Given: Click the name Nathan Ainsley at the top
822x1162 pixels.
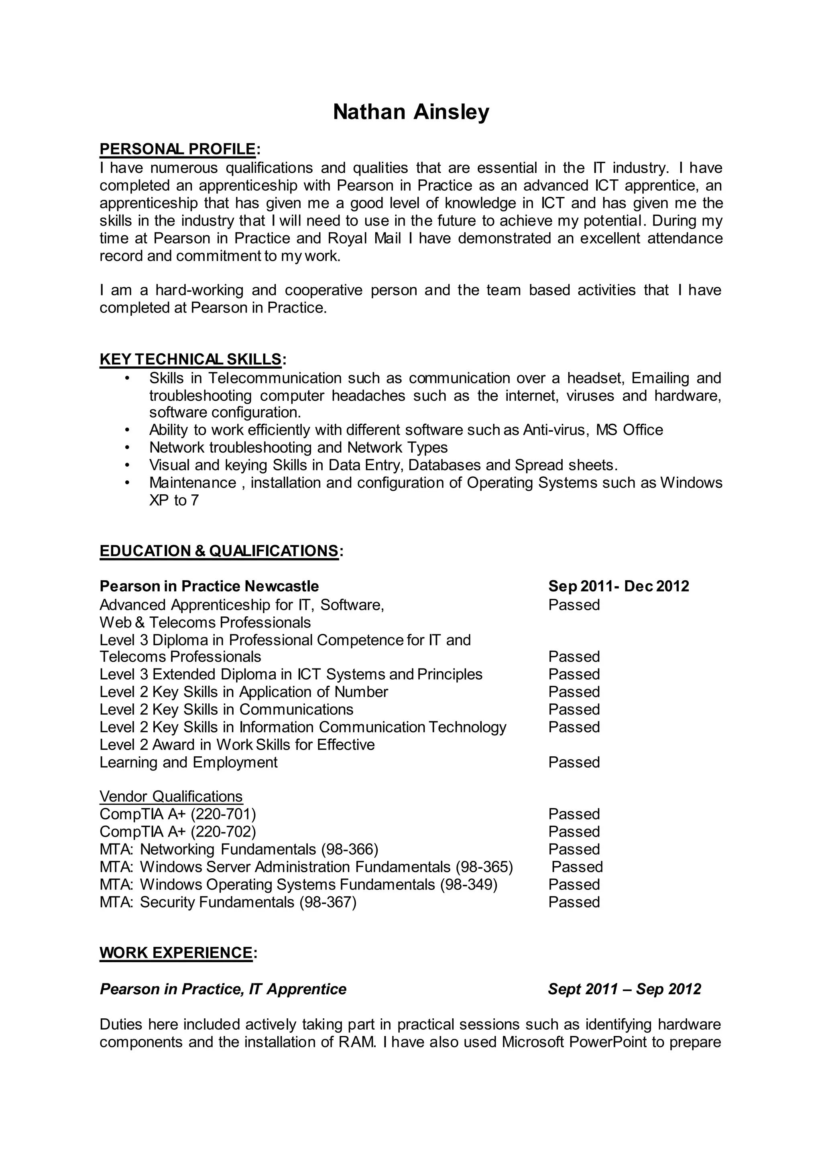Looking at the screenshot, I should tap(411, 112).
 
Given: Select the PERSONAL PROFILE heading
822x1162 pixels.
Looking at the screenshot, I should tap(178, 149).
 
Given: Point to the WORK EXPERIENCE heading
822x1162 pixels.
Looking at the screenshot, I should tap(176, 953).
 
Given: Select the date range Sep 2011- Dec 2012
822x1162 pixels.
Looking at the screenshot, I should tap(618, 586).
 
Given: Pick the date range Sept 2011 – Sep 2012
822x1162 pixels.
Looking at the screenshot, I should tap(624, 989).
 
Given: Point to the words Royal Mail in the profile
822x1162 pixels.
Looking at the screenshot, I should tap(364, 238).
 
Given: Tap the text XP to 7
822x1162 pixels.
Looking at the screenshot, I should tap(174, 500).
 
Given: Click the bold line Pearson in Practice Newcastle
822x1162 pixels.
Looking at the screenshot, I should tap(209, 586).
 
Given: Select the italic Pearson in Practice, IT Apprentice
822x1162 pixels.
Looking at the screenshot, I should tap(223, 989).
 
